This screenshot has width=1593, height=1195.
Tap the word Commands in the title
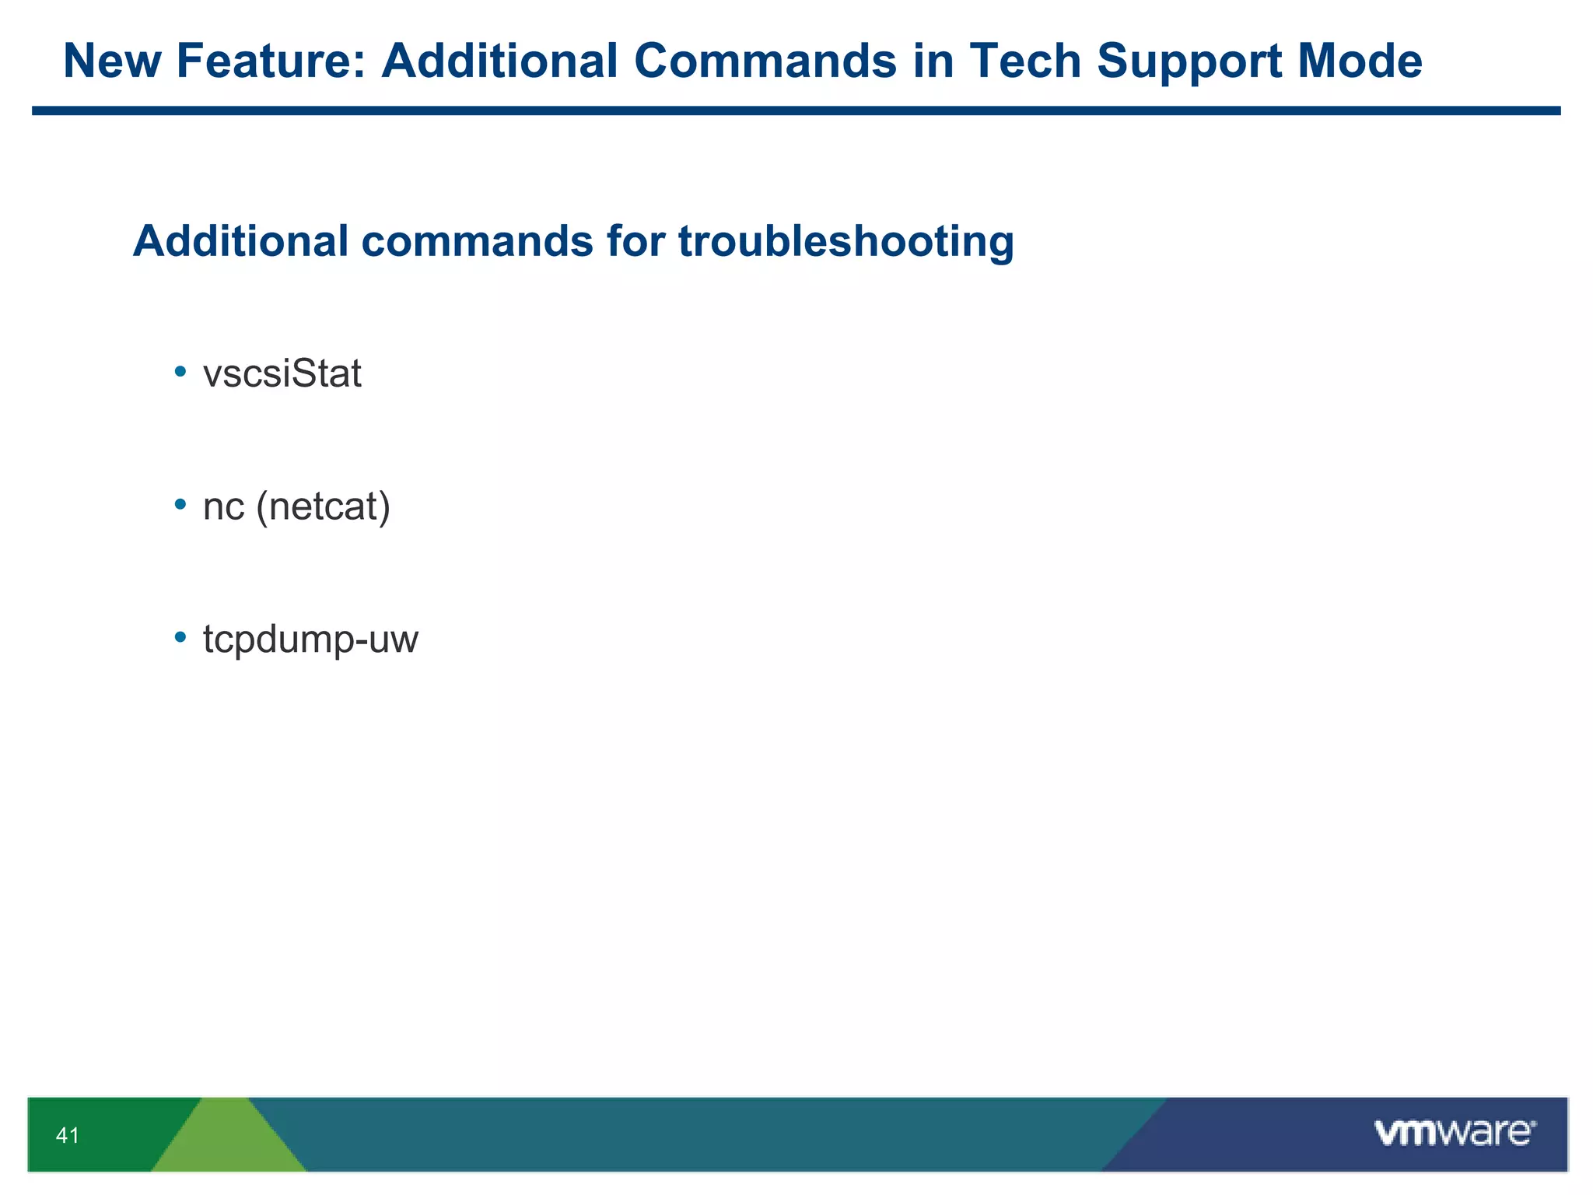coord(765,61)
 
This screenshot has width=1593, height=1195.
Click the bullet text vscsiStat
coord(282,374)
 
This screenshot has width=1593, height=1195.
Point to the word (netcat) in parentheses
coord(324,507)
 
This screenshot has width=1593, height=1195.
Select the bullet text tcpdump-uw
coord(310,640)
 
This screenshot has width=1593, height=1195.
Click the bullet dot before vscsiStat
coord(180,372)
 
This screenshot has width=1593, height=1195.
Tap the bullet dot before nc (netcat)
coord(180,505)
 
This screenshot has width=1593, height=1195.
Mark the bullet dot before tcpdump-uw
coord(180,637)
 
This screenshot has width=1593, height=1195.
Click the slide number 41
coord(68,1136)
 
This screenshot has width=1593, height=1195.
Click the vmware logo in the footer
coord(1455,1133)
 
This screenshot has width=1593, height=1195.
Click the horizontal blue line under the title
coord(796,111)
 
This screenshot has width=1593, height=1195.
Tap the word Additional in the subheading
coord(241,241)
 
